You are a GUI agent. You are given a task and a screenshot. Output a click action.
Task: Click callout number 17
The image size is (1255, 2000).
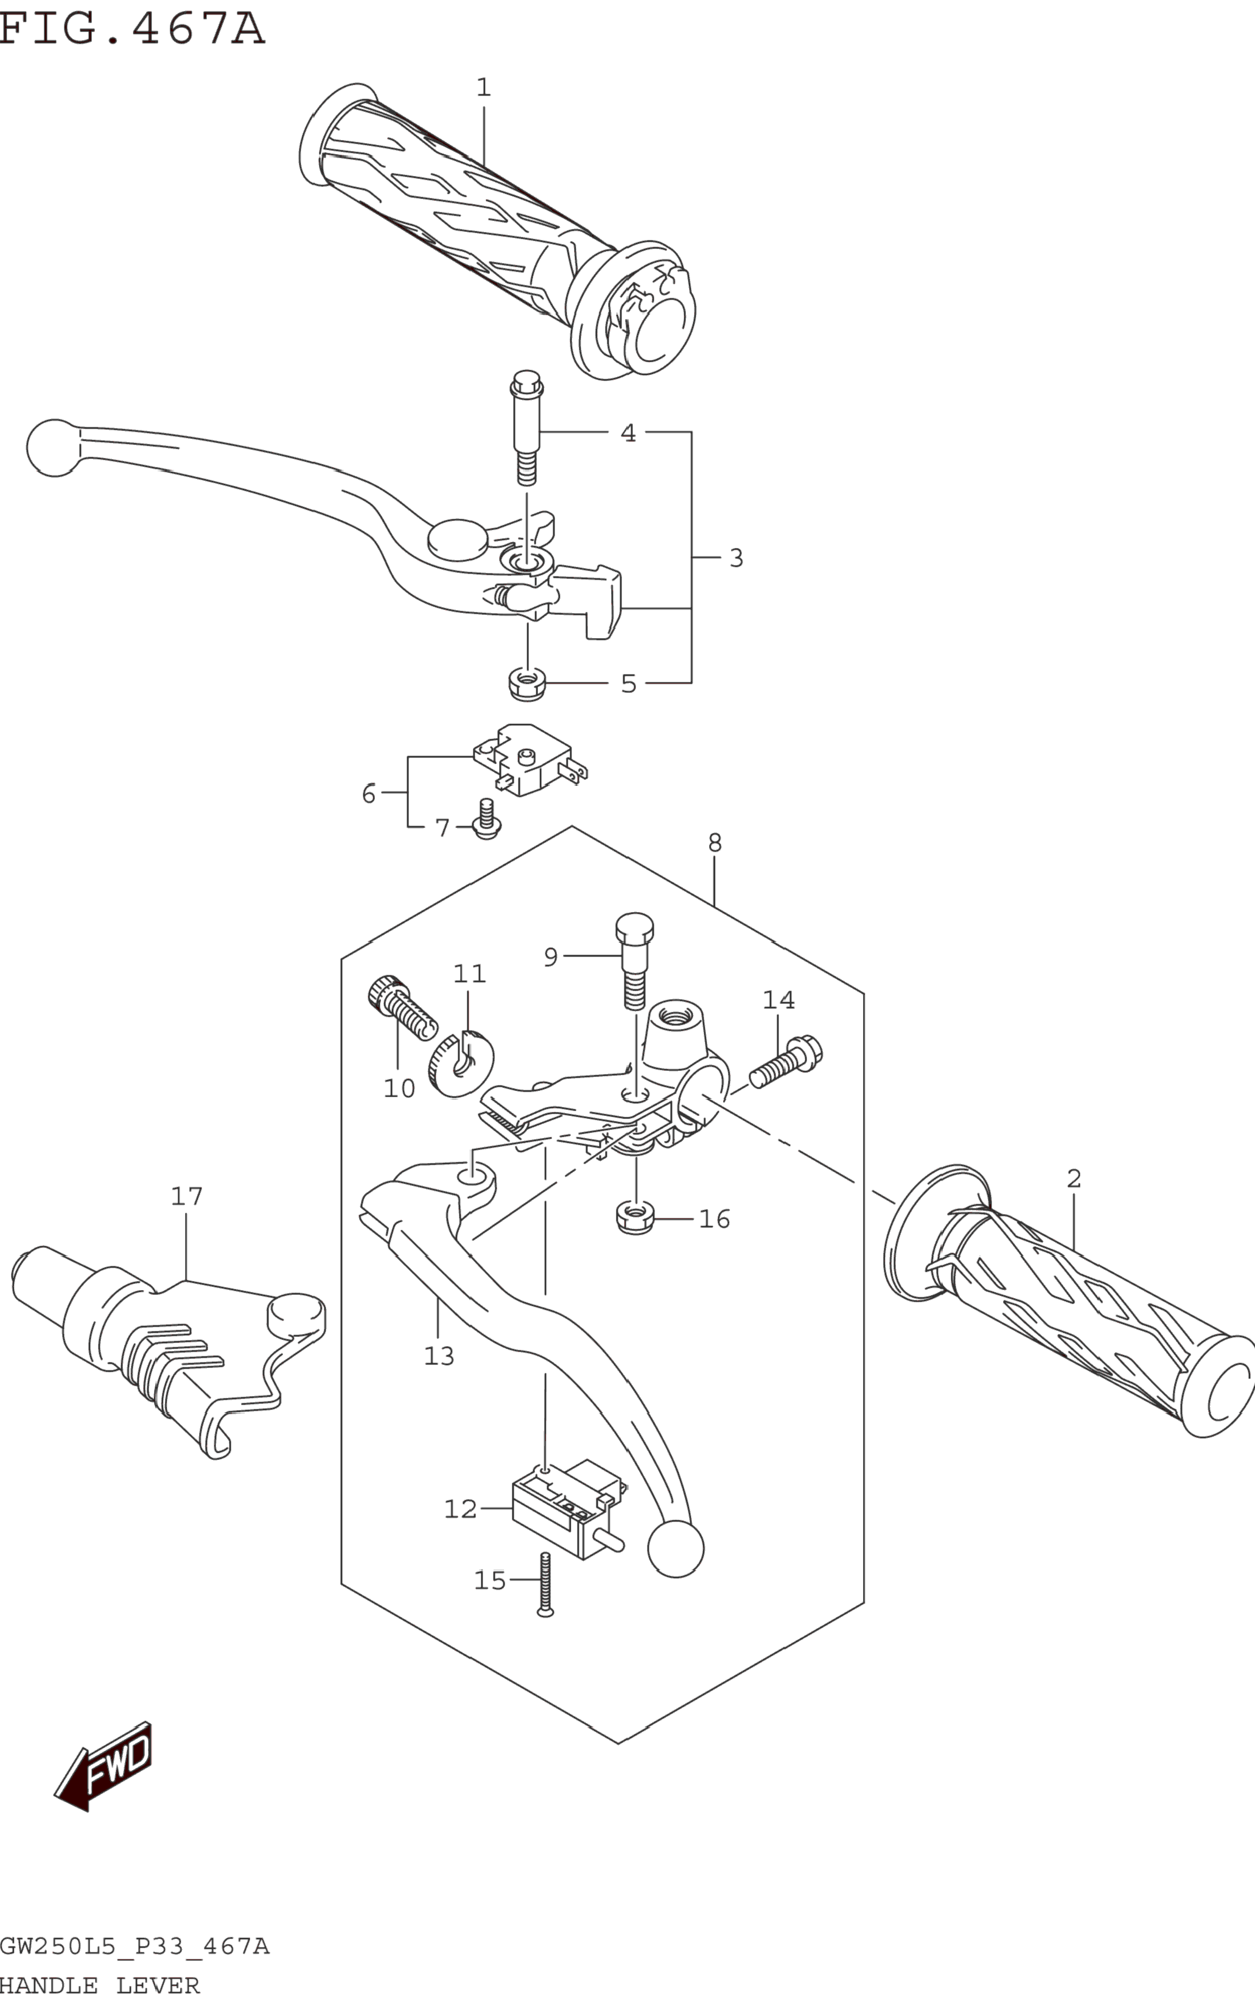[x=187, y=1196]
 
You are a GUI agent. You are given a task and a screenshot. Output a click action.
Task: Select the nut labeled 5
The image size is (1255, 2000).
[x=526, y=683]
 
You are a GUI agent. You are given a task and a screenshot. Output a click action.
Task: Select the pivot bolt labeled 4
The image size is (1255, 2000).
[x=526, y=427]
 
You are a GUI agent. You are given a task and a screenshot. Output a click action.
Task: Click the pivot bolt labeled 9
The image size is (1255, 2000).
[x=634, y=961]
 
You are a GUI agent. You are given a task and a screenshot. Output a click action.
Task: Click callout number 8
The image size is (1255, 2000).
[x=715, y=843]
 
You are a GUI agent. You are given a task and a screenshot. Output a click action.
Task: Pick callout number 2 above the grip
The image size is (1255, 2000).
[x=1074, y=1178]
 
